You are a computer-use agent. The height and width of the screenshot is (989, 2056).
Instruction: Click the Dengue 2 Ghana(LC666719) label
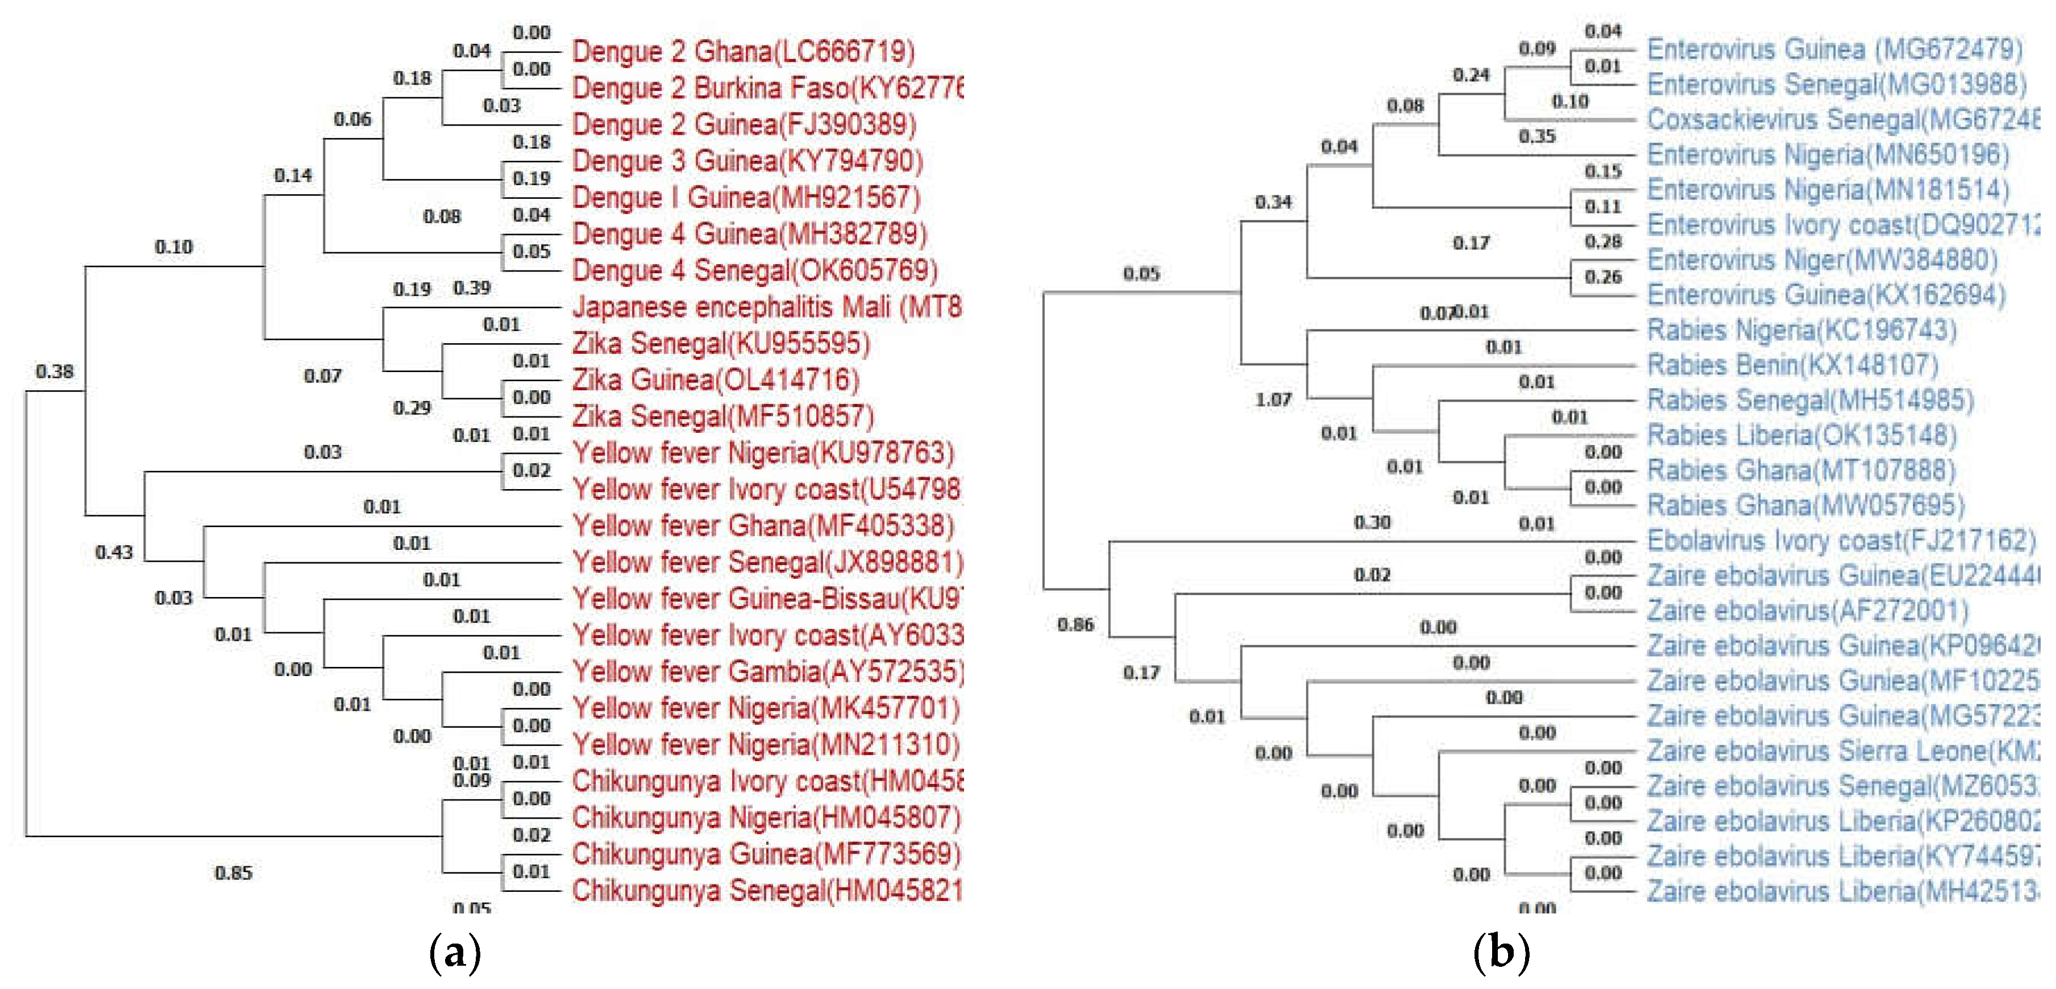point(743,52)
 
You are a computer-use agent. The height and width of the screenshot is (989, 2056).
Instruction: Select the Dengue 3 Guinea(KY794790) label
point(747,161)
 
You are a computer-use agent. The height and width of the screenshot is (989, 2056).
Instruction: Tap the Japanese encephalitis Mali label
point(766,307)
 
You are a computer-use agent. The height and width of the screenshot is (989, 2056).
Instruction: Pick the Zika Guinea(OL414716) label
point(715,379)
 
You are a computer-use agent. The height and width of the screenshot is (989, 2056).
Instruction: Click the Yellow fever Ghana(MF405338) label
point(763,525)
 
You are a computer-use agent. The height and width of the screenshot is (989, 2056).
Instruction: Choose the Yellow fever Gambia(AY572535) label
point(767,671)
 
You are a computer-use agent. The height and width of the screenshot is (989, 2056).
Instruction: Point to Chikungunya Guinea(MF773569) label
point(766,854)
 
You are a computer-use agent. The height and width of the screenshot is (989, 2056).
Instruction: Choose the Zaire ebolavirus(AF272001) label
point(1808,611)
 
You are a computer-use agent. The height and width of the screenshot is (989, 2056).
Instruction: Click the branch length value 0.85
point(233,873)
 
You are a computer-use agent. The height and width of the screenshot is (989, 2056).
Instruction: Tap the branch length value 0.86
point(1074,624)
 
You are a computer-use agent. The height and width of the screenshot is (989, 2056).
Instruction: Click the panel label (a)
point(455,952)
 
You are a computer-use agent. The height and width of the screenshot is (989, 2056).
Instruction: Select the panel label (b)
point(1501,952)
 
